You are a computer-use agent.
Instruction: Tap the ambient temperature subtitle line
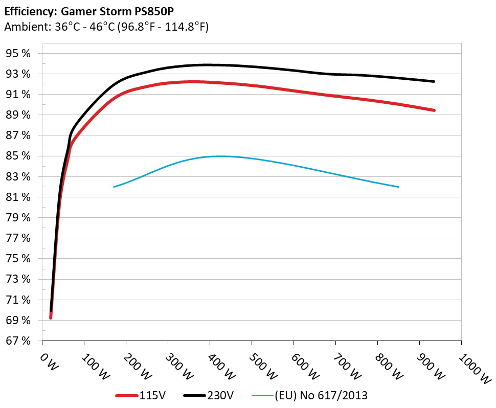106,28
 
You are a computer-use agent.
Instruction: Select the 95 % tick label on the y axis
19,54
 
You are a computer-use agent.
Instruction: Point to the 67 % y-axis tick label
19,341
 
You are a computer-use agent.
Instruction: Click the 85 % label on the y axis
19,156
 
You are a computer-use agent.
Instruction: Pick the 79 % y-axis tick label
19,218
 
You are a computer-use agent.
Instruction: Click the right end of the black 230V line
434,81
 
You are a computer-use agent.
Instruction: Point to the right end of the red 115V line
434,110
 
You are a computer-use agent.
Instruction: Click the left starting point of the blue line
114,187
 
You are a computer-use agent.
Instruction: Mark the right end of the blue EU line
398,187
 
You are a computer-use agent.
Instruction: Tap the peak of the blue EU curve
220,156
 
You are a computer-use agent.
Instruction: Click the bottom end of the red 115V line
51,318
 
